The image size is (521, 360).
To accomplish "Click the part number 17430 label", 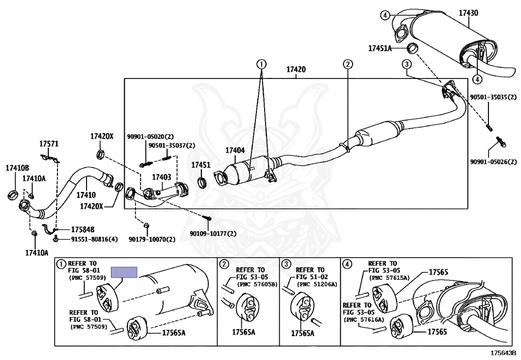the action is tap(469, 13).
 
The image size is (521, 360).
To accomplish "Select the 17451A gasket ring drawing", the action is tap(412, 48).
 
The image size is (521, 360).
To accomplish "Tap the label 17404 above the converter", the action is tap(235, 150).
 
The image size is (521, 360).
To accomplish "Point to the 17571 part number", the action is tap(49, 144).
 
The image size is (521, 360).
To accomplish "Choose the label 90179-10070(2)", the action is tap(152, 239).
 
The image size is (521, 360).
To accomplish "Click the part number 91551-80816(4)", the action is tap(94, 239).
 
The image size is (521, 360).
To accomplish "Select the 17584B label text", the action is tap(83, 229).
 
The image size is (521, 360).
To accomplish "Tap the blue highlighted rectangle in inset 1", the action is tap(124, 272).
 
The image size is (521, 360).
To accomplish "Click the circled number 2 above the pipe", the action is tap(348, 64).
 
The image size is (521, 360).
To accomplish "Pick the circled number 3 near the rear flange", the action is tap(407, 64).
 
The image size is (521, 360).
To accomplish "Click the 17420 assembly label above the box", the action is tap(296, 69).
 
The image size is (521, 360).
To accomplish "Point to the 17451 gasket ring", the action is tap(202, 183).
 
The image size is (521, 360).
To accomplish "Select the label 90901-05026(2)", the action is tap(494, 162).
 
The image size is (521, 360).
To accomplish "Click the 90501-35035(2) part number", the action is tap(494, 97).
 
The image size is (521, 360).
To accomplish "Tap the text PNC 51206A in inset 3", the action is tap(316, 284).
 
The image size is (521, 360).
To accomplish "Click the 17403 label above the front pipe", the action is tap(161, 177).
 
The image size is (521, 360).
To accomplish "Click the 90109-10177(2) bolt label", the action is tap(213, 234).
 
